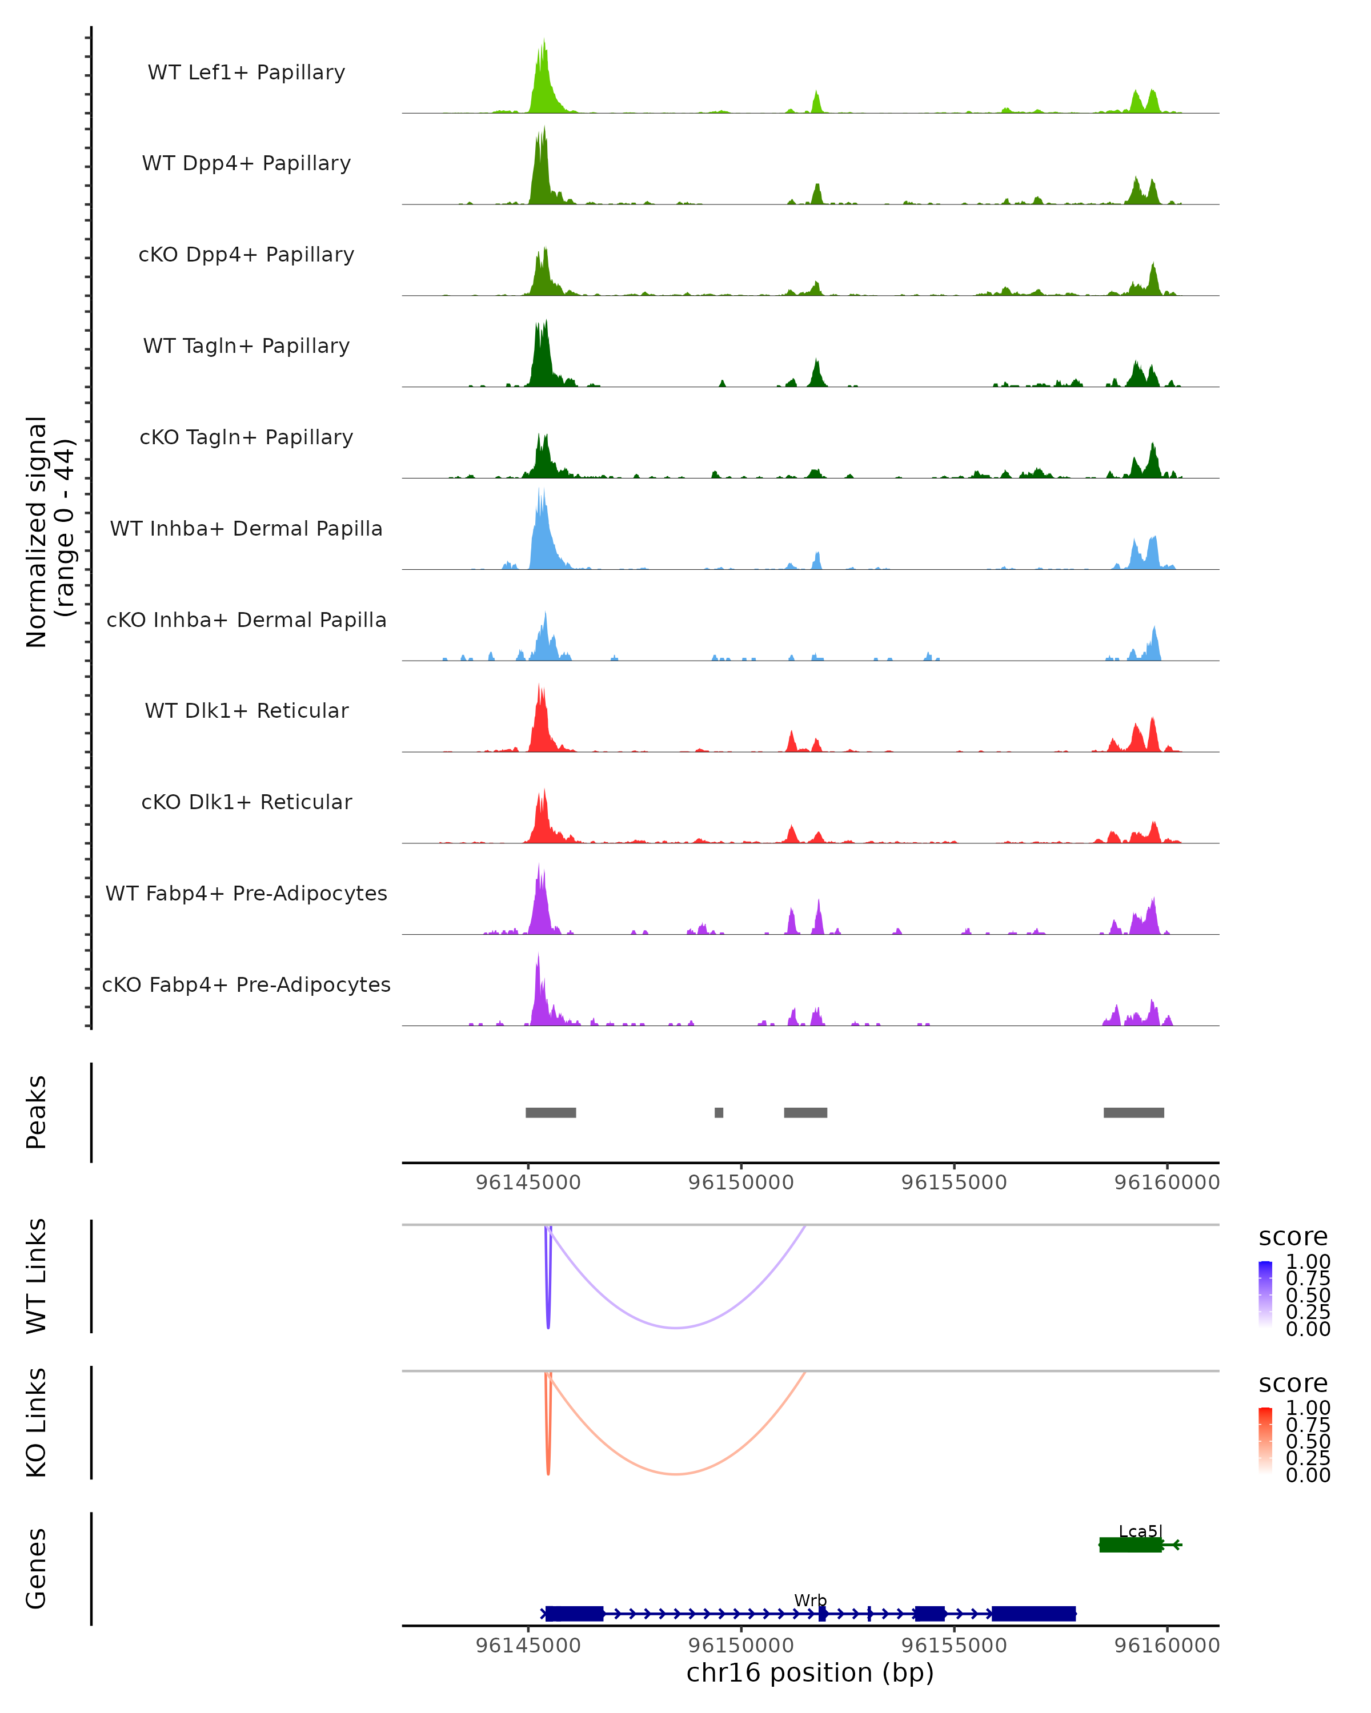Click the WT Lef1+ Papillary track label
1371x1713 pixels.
[246, 73]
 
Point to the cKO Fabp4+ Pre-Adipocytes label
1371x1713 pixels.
[246, 984]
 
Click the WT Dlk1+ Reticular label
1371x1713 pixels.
[246, 710]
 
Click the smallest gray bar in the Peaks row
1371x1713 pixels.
[719, 1112]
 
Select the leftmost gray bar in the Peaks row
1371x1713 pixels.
[551, 1112]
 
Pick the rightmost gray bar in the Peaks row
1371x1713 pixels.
[1133, 1112]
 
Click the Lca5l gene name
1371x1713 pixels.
[1140, 1531]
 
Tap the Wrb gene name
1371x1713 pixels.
[810, 1600]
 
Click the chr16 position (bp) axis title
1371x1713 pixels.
[810, 1672]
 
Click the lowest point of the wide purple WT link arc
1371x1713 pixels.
[676, 1328]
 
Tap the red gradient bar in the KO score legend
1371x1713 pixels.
[1265, 1441]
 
